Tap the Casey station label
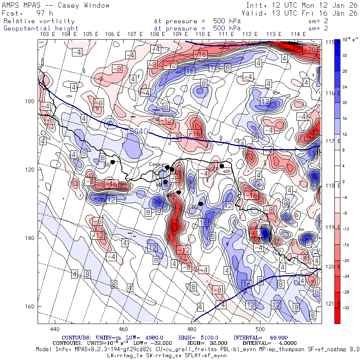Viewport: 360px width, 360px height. tap(155, 164)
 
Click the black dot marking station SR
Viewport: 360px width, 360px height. tap(113, 162)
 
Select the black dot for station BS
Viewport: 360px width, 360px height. tap(201, 204)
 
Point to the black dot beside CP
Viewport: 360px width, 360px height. tap(222, 166)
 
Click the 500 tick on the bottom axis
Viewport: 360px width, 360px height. tap(260, 329)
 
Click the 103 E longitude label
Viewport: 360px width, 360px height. tap(48, 34)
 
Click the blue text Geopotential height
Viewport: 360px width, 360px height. tap(41, 28)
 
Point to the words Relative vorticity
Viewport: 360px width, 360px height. tap(39, 21)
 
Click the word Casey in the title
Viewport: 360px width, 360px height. tap(72, 5)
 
